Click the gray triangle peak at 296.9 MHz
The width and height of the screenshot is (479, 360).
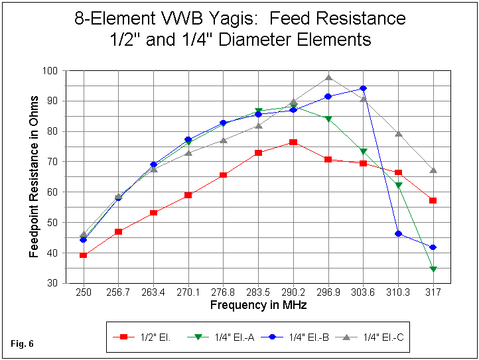328,78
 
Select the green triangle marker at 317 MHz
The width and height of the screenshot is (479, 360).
433,269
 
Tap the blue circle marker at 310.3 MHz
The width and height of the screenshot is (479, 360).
399,233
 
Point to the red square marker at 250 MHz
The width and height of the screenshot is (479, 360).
83,255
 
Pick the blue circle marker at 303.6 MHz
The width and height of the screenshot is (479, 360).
363,88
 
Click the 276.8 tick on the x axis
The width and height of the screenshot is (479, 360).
223,292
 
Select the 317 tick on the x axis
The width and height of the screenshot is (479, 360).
433,292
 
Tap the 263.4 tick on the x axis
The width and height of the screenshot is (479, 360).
153,292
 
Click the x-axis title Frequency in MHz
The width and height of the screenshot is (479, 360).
258,305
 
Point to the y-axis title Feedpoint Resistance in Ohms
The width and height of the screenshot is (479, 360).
34,176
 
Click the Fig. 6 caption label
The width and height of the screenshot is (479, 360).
23,343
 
